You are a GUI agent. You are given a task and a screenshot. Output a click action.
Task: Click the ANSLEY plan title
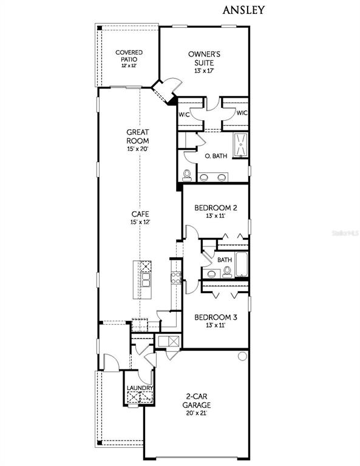click(243, 10)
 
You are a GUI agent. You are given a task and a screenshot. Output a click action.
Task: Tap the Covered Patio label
click(129, 56)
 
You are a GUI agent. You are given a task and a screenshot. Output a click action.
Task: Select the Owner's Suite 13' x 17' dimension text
click(204, 71)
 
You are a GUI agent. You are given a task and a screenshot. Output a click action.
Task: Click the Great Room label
click(138, 137)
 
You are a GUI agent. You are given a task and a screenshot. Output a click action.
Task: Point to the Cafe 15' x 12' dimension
click(140, 221)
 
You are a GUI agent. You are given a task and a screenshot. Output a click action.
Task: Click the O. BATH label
click(216, 156)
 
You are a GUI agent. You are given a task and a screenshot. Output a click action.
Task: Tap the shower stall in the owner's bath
click(240, 144)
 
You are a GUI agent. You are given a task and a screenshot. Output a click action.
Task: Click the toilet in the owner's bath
click(187, 175)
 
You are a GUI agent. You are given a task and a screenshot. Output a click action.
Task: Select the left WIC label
click(184, 115)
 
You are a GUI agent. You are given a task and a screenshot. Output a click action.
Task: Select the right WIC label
click(242, 113)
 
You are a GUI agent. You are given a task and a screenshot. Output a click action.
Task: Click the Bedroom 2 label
click(216, 208)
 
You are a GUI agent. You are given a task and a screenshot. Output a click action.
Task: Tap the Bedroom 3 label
click(216, 317)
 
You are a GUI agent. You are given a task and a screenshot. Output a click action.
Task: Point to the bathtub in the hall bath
click(242, 265)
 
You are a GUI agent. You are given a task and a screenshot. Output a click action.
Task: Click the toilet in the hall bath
click(227, 272)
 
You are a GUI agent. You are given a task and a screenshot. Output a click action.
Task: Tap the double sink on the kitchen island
click(146, 280)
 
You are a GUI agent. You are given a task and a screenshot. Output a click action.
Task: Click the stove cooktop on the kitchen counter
click(176, 277)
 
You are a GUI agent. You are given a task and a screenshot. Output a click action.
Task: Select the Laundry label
click(140, 388)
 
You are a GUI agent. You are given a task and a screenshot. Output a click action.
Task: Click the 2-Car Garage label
click(197, 400)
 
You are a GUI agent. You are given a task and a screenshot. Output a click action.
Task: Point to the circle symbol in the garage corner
click(243, 356)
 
